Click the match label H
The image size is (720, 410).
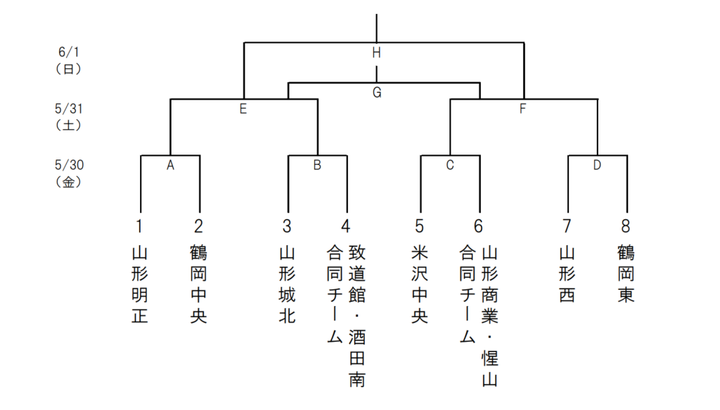tap(376, 53)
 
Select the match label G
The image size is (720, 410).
tap(376, 93)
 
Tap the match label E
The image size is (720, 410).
tap(243, 109)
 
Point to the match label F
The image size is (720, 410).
tap(522, 109)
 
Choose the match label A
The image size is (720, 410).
tap(170, 166)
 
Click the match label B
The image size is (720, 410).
tap(317, 166)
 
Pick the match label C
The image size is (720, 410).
tap(450, 166)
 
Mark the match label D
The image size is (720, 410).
tap(597, 166)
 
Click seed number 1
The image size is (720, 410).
tap(140, 226)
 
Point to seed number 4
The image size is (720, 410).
tap(345, 226)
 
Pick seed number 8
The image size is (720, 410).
tap(626, 226)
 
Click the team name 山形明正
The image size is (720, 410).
tap(140, 284)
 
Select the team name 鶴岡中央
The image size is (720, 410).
tap(199, 284)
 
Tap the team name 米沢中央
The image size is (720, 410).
tap(420, 284)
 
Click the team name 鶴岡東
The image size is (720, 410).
tap(626, 273)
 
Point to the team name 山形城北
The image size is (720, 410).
tap(287, 284)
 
